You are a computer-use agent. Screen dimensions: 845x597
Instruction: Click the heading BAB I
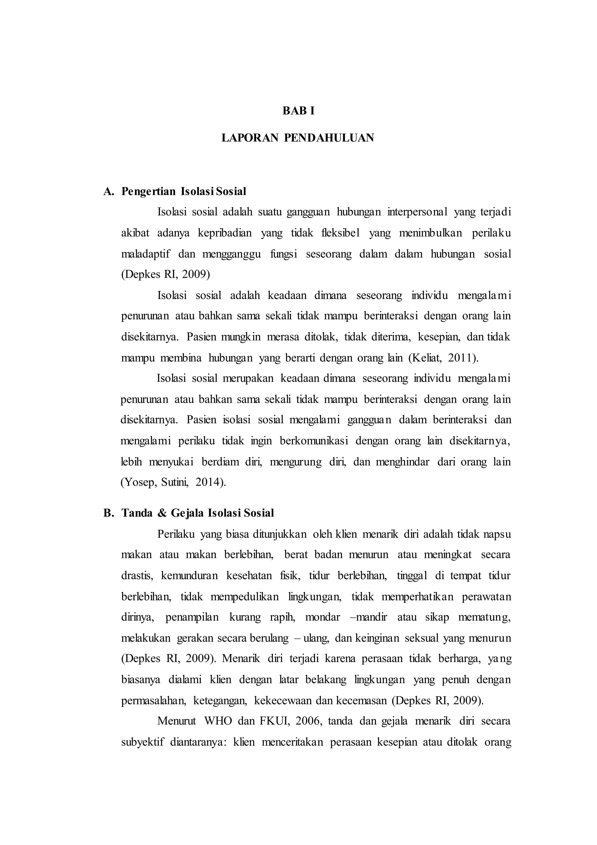coord(298,111)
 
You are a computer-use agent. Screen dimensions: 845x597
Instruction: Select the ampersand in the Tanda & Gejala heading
coord(162,513)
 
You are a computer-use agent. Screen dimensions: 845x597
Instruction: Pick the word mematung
coord(484,617)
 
